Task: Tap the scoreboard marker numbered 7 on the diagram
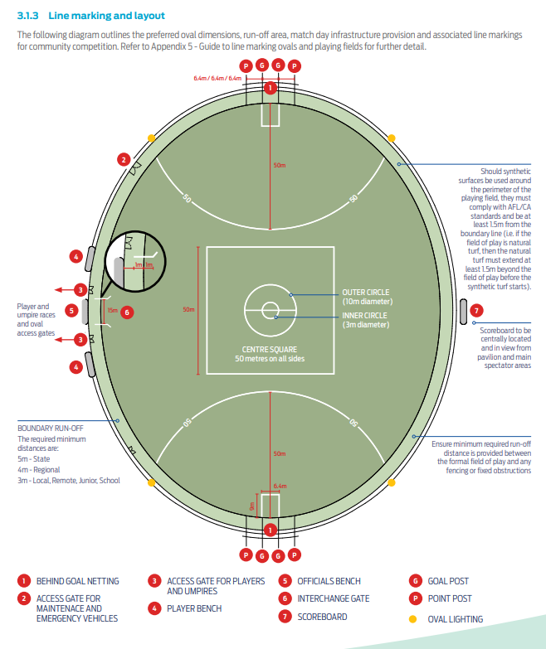[x=475, y=311]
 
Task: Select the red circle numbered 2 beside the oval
[x=123, y=159]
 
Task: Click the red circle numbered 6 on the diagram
[x=127, y=312]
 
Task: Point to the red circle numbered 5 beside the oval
[x=73, y=312]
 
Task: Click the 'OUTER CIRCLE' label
[x=365, y=293]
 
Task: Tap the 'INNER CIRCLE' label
[x=365, y=315]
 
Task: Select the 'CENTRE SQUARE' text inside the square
[x=269, y=350]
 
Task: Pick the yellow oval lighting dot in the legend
[x=413, y=618]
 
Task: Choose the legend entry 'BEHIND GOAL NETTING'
[x=80, y=582]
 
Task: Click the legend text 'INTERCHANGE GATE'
[x=333, y=598]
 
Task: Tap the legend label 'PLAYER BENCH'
[x=194, y=608]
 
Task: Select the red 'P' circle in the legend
[x=413, y=598]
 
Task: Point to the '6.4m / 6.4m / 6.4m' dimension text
[x=217, y=78]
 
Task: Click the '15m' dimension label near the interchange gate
[x=112, y=311]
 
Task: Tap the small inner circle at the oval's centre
[x=270, y=310]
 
